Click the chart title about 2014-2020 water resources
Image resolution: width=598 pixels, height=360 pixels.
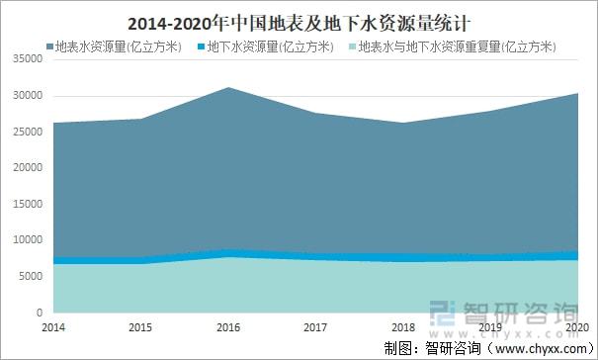pyautogui.click(x=299, y=19)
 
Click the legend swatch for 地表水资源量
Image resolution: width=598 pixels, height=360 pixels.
pyautogui.click(x=50, y=46)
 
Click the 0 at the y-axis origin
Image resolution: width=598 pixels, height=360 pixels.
pyautogui.click(x=36, y=313)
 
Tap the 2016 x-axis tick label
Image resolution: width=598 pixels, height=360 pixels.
pyautogui.click(x=228, y=325)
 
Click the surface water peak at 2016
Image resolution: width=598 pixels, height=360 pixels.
pyautogui.click(x=229, y=88)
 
